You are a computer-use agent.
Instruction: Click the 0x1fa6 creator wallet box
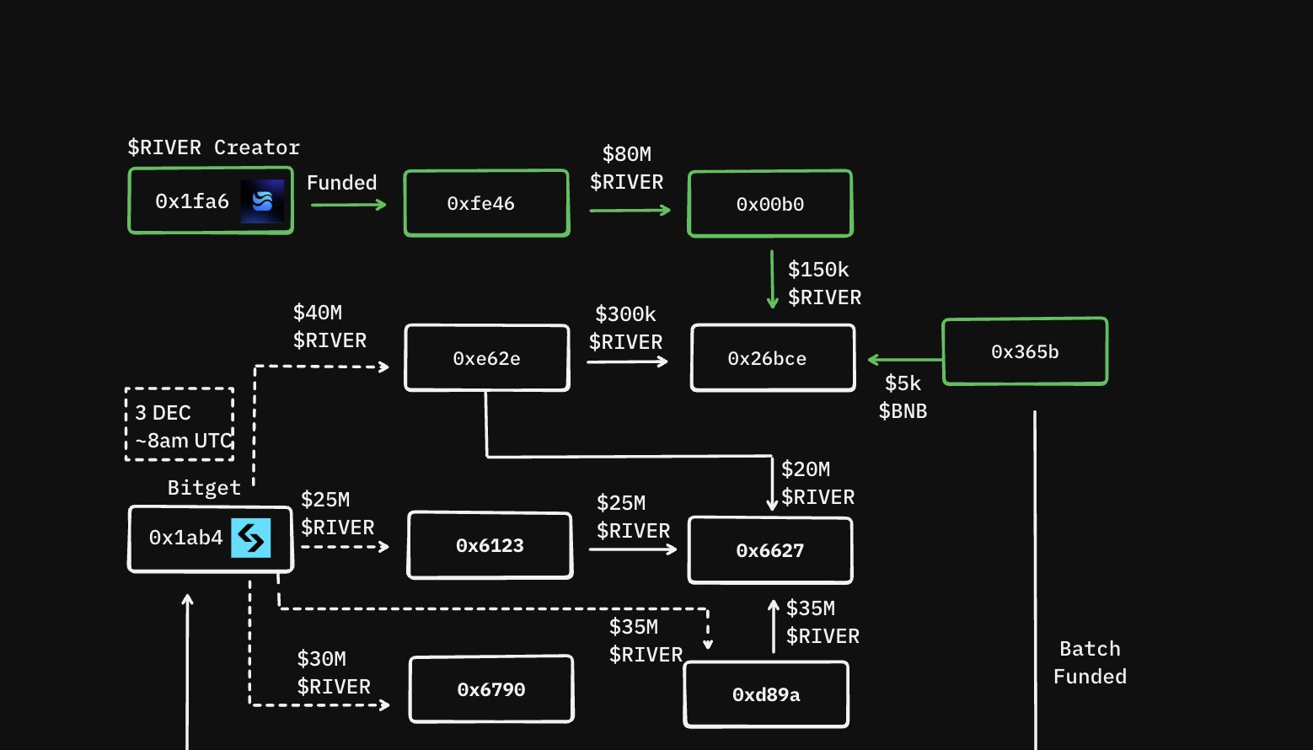(x=192, y=201)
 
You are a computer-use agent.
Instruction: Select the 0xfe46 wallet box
(x=486, y=203)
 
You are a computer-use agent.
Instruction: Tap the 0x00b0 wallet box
(x=770, y=204)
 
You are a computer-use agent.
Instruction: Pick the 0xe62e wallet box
(x=486, y=358)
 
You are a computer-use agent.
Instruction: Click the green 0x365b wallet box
(x=1024, y=351)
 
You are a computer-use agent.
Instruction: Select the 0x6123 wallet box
(x=490, y=545)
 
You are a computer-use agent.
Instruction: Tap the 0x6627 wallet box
(x=770, y=550)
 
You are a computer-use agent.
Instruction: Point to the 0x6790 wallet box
(x=491, y=689)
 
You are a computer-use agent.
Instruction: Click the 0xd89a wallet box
(x=766, y=694)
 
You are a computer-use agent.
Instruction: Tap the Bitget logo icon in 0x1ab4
(x=251, y=538)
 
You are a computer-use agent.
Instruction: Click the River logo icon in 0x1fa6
(x=262, y=201)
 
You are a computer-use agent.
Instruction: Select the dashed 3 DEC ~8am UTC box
(x=180, y=425)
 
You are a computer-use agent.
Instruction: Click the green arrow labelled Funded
(x=348, y=204)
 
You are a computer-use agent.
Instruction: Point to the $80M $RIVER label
(x=626, y=168)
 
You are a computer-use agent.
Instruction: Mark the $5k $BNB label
(x=903, y=397)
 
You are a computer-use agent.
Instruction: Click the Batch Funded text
(x=1090, y=662)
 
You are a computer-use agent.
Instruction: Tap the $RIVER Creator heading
(x=213, y=147)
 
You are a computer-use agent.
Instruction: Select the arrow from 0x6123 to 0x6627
(x=632, y=549)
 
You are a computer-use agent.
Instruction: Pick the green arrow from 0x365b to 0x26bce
(x=904, y=360)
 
